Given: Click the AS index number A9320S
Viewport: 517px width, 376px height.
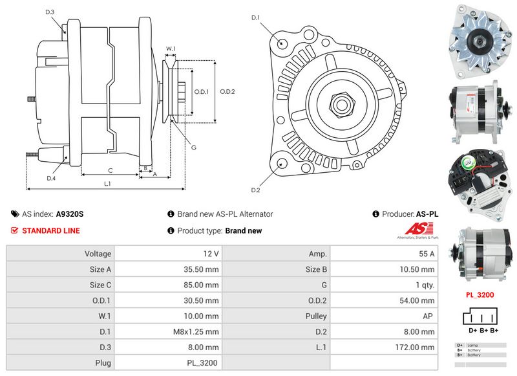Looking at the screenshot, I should (x=70, y=214).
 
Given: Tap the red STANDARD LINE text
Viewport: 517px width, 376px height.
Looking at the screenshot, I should (x=51, y=230).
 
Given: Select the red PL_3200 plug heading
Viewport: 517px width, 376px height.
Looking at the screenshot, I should (x=480, y=294).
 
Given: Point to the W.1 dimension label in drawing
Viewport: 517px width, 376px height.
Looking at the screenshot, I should (x=171, y=48).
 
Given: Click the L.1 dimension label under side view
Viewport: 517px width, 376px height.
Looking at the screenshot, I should (x=107, y=184).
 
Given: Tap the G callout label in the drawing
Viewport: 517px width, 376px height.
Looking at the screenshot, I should (x=193, y=148).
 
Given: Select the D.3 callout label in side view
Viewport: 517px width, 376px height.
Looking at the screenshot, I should (x=50, y=12).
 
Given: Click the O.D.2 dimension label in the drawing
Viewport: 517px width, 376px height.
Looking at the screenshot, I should (x=227, y=91).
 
